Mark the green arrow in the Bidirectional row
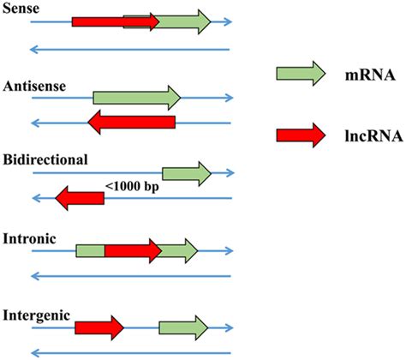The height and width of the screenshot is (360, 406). pos(185,174)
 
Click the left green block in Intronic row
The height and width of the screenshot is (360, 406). pos(90,250)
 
